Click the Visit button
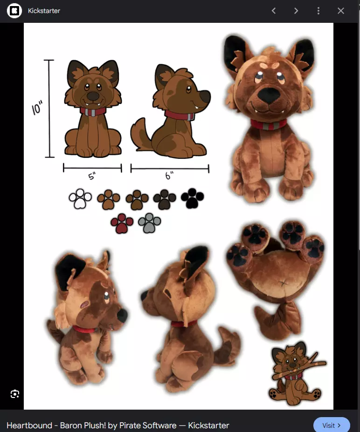point(332,425)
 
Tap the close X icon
point(341,11)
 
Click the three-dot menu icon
point(318,11)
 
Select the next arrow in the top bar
point(296,11)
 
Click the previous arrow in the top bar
point(273,11)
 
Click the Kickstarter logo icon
point(14,11)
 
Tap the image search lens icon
point(15,394)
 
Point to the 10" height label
point(37,108)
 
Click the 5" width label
point(92,176)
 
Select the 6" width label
point(169,175)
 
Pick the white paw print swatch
point(80,199)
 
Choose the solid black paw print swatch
point(193,198)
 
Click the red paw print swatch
point(122,223)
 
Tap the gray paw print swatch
point(149,223)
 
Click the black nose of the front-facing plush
point(269,95)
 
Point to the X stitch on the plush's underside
point(283,283)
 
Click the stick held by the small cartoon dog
point(299,367)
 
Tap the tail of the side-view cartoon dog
point(140,135)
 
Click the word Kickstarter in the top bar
point(44,11)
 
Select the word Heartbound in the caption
point(29,425)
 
